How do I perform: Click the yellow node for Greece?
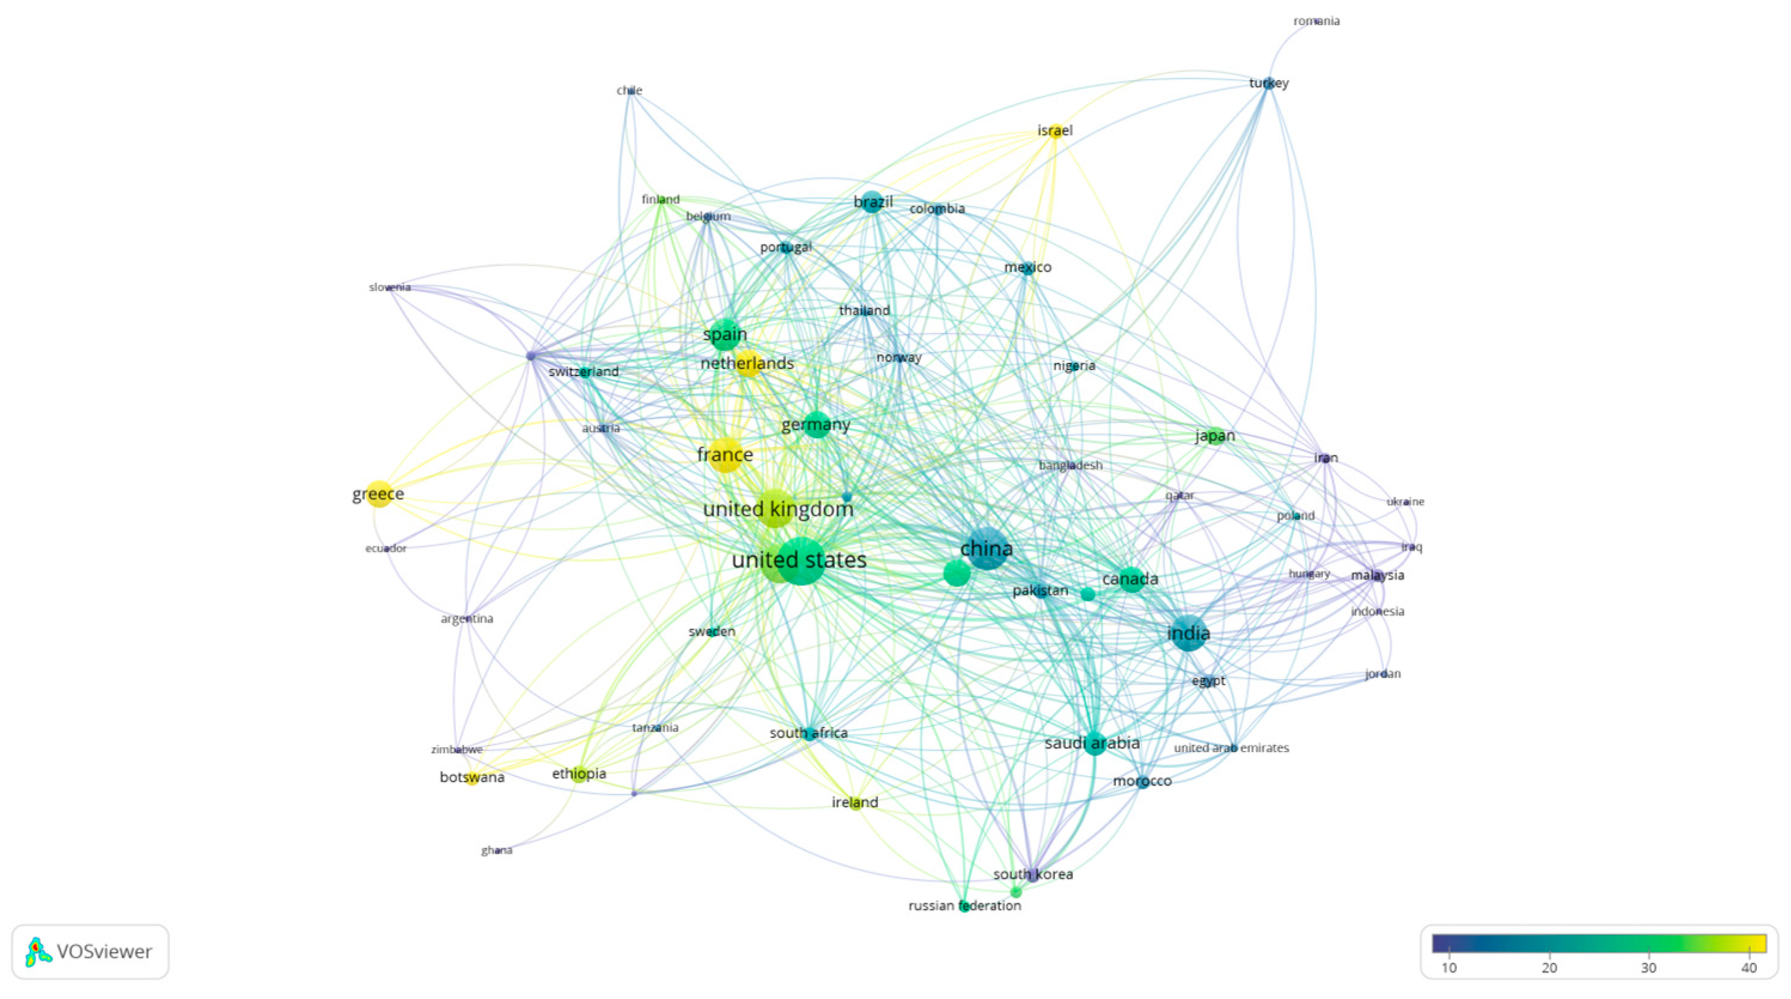click(379, 494)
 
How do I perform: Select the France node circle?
click(726, 456)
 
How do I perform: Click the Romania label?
click(1316, 22)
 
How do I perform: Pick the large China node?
click(986, 548)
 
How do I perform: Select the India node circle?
click(1188, 633)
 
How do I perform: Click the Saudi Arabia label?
click(1092, 743)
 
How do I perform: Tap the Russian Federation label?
click(964, 906)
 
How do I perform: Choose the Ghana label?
click(496, 850)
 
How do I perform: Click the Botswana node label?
click(472, 777)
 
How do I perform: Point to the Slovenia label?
click(389, 287)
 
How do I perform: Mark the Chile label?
click(629, 90)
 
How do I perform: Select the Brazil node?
click(873, 202)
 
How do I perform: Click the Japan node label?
click(1215, 436)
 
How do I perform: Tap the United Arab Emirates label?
click(1231, 748)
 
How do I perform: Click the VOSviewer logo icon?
click(38, 952)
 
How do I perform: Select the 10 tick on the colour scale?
click(1449, 968)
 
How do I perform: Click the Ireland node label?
click(855, 802)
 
